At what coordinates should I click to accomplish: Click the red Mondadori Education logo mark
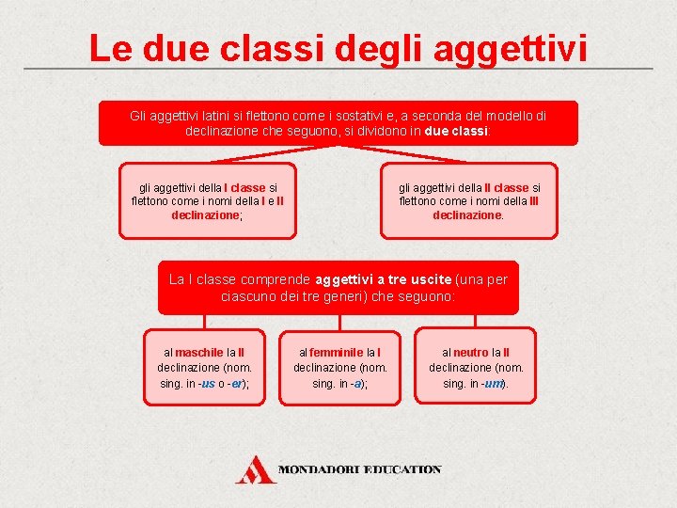pyautogui.click(x=254, y=469)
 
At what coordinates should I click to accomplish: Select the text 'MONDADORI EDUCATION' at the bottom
pyautogui.click(x=360, y=468)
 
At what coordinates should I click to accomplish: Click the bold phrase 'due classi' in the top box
pyautogui.click(x=456, y=132)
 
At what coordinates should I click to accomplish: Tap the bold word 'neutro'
pyautogui.click(x=471, y=351)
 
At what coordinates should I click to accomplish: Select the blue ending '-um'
pyautogui.click(x=492, y=384)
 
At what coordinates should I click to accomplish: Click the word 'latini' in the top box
pyautogui.click(x=212, y=116)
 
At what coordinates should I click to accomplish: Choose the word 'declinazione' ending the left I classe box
pyautogui.click(x=205, y=214)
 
